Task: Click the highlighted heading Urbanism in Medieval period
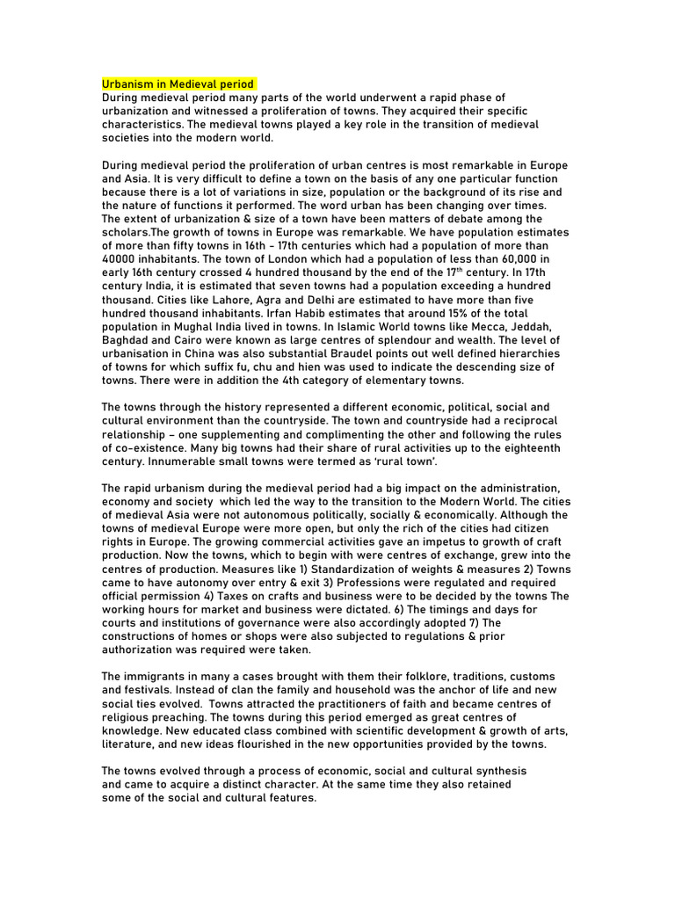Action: [178, 84]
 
